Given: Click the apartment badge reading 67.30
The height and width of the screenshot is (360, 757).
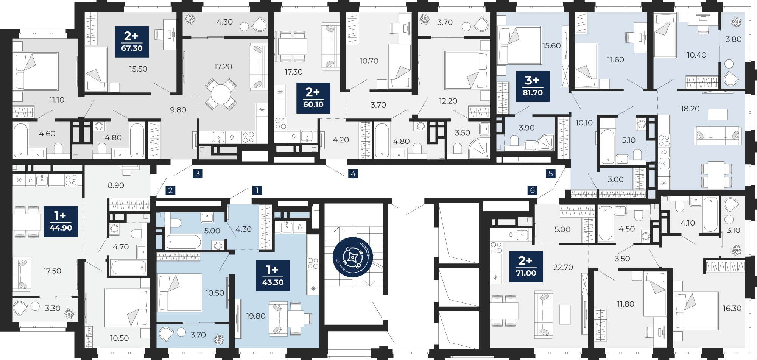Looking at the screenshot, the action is (x=132, y=42).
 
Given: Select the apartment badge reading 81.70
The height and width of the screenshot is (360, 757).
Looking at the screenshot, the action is (x=533, y=86).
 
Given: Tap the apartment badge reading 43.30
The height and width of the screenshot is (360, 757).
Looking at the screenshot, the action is (x=273, y=276).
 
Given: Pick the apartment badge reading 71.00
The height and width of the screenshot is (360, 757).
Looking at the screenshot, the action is (x=526, y=266).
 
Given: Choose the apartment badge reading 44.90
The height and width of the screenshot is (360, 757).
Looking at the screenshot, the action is (x=61, y=221).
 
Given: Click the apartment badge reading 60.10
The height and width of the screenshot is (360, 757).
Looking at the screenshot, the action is (x=313, y=98).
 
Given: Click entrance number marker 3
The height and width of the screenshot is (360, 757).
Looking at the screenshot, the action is (x=198, y=174).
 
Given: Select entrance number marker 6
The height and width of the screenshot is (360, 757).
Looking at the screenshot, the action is (x=533, y=190).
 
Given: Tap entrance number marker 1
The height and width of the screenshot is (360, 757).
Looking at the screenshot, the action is (x=257, y=190).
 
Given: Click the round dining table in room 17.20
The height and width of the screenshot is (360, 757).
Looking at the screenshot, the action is (x=221, y=94).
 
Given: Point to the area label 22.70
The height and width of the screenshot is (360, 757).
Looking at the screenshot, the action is (x=563, y=267).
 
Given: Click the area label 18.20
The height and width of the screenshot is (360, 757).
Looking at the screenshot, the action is (x=690, y=109).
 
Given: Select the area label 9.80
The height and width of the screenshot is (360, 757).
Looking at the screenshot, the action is (x=178, y=110).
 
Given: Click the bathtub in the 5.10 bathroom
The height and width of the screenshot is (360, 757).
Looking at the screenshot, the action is (x=607, y=146).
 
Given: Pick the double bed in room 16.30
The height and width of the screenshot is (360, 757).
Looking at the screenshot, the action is (x=696, y=311).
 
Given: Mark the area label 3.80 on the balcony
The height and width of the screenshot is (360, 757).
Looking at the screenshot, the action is (x=733, y=39).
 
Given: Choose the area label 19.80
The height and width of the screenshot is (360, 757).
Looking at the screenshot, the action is (x=256, y=316).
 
